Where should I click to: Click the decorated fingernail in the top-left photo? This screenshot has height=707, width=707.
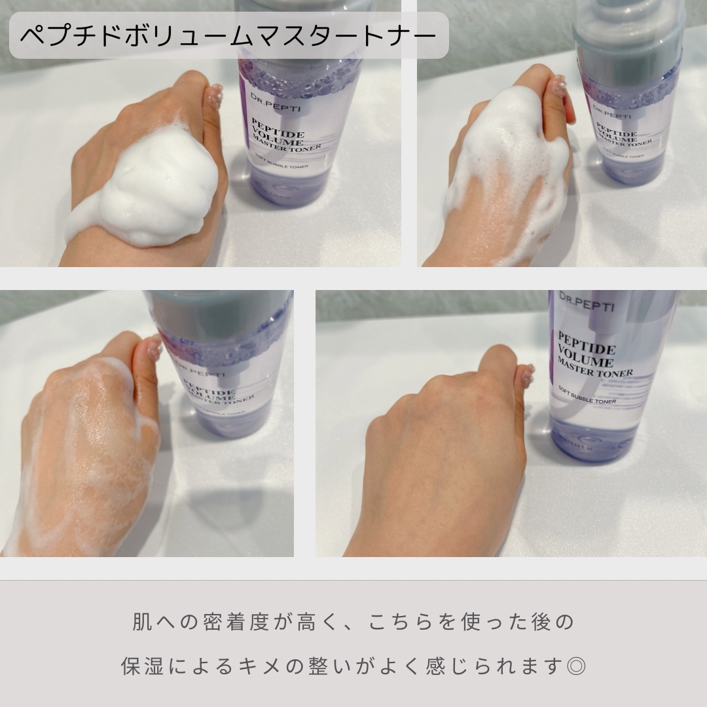(215, 98)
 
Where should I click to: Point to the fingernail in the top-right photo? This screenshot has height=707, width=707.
(558, 86)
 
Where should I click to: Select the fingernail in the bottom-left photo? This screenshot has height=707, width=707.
(153, 348)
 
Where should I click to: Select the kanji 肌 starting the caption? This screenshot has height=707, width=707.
(143, 622)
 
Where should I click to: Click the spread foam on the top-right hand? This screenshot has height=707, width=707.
(511, 151)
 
